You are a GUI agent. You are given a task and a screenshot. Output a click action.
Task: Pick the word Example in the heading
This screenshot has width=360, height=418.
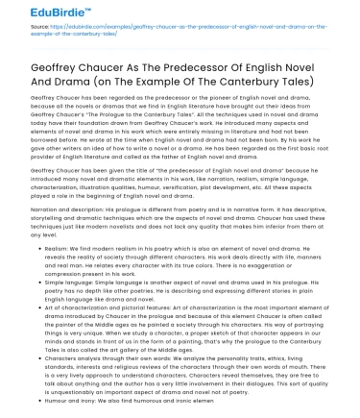coord(155,82)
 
